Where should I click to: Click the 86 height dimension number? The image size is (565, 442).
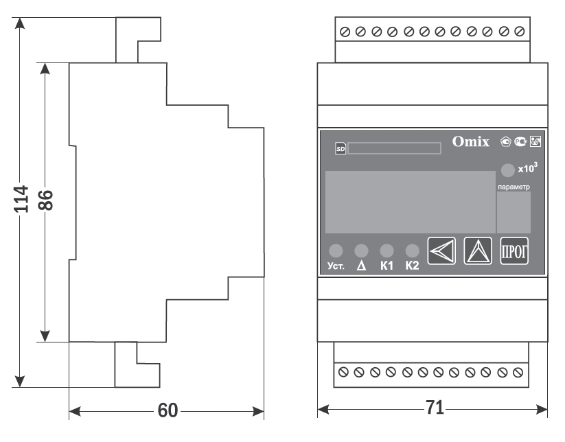[45, 199]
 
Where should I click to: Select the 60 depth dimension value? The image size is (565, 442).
[168, 410]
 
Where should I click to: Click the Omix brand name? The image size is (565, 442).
[470, 142]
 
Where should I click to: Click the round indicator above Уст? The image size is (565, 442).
[335, 251]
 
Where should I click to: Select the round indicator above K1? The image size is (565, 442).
[387, 251]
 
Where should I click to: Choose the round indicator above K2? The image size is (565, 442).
[412, 251]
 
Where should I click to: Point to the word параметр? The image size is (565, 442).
[514, 187]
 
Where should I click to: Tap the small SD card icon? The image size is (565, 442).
[340, 148]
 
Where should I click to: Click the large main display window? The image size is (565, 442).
[409, 202]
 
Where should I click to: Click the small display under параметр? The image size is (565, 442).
[514, 213]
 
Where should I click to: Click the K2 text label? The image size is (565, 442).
[412, 266]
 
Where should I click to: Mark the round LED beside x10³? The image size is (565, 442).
[507, 170]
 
